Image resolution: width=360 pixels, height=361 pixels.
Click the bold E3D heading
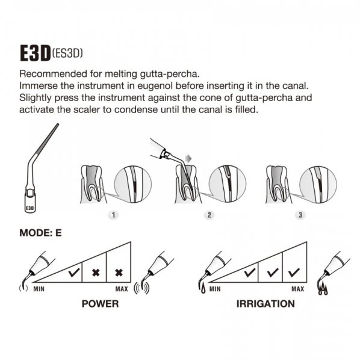click(36, 53)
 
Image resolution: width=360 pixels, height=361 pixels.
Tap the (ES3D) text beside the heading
click(67, 54)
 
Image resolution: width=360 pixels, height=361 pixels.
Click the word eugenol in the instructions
click(155, 86)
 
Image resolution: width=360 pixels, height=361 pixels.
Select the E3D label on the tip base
click(29, 208)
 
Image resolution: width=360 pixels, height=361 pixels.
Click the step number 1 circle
click(113, 215)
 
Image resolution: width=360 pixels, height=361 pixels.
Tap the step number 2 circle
click(209, 215)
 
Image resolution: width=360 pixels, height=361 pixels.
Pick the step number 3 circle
click(300, 215)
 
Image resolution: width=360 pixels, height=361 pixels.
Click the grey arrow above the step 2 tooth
click(188, 158)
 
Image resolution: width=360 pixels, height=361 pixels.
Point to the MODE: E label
click(40, 233)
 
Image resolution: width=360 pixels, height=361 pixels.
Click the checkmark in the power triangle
click(74, 273)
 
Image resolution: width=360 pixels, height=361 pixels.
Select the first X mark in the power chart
click(96, 273)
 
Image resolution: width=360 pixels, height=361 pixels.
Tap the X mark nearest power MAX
click(119, 273)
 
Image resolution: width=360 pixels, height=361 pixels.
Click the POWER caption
click(100, 304)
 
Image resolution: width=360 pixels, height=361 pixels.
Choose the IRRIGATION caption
click(265, 304)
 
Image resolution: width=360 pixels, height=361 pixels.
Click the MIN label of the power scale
click(39, 289)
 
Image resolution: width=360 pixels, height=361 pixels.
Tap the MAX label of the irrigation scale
click(298, 289)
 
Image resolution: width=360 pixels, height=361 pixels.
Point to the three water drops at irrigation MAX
click(323, 289)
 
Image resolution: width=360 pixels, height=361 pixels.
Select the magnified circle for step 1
click(132, 184)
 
